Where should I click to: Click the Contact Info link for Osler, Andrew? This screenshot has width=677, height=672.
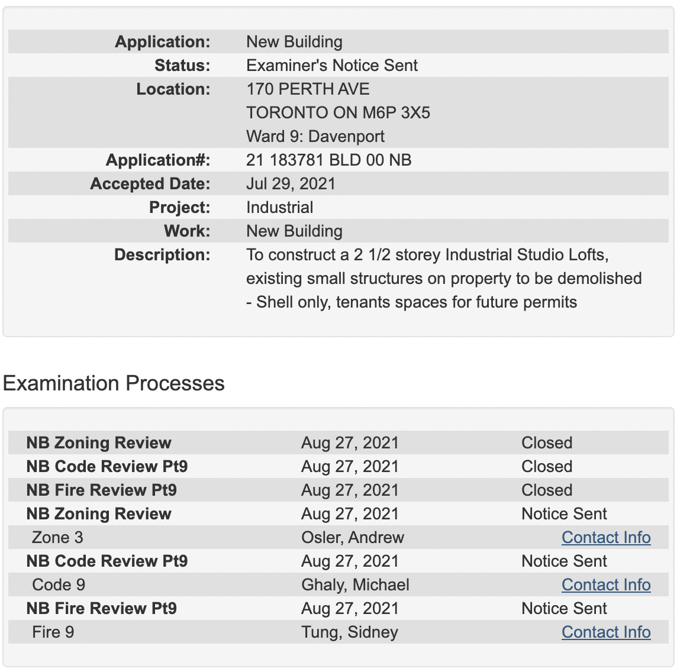pyautogui.click(x=606, y=537)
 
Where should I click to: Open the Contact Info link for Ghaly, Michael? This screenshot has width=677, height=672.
pyautogui.click(x=606, y=584)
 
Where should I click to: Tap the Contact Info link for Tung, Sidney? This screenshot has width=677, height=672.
pyautogui.click(x=606, y=632)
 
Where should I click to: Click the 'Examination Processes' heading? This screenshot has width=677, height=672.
pyautogui.click(x=114, y=383)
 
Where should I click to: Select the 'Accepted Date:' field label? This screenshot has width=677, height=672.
pyautogui.click(x=150, y=184)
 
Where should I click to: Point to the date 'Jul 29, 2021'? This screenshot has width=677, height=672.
pyautogui.click(x=291, y=184)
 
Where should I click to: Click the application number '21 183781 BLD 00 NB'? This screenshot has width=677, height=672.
pyautogui.click(x=328, y=160)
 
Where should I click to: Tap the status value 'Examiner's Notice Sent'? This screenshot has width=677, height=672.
pyautogui.click(x=332, y=66)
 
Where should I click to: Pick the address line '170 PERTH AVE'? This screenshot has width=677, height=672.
pyautogui.click(x=308, y=89)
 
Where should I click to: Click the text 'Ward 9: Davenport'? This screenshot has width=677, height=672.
pyautogui.click(x=315, y=137)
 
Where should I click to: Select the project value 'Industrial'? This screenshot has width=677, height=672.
pyautogui.click(x=280, y=208)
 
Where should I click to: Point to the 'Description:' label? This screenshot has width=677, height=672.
pyautogui.click(x=162, y=255)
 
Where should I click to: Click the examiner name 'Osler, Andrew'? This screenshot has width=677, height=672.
pyautogui.click(x=353, y=537)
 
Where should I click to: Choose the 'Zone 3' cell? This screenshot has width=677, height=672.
pyautogui.click(x=57, y=537)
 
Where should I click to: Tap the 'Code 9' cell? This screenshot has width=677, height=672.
pyautogui.click(x=59, y=584)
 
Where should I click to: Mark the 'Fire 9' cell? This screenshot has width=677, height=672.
pyautogui.click(x=53, y=632)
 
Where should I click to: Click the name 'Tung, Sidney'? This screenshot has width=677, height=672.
pyautogui.click(x=350, y=632)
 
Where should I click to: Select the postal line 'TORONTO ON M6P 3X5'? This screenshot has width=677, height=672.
pyautogui.click(x=338, y=113)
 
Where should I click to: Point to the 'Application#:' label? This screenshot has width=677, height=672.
pyautogui.click(x=158, y=160)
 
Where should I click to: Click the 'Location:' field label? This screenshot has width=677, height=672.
pyautogui.click(x=173, y=89)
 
